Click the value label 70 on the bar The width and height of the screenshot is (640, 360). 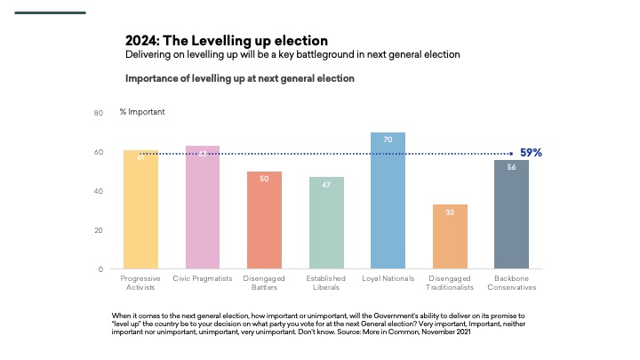pos(388,140)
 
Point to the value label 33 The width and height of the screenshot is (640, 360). pos(450,212)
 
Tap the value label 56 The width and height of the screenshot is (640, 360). pos(511,167)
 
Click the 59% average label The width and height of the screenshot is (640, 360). pos(531,153)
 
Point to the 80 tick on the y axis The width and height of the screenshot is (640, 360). pos(99,113)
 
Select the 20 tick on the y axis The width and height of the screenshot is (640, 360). pos(99,230)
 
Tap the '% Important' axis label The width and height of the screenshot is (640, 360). pos(142,112)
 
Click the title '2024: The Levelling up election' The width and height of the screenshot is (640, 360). pos(227,41)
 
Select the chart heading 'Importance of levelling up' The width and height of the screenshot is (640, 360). pos(240,78)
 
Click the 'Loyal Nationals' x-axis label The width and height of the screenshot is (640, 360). pos(388,278)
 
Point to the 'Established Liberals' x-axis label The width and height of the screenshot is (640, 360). pos(326,283)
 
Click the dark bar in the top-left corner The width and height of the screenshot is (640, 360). pos(52,12)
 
